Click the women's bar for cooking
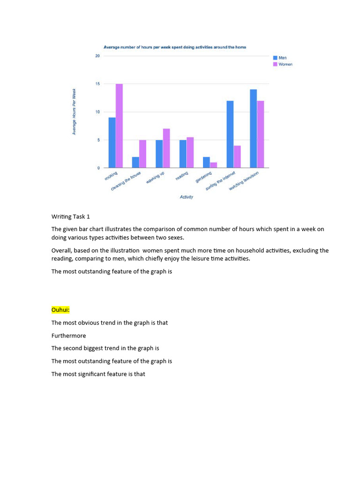click(119, 126)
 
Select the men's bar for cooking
click(112, 142)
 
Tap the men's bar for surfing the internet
click(230, 134)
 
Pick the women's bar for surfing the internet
click(237, 157)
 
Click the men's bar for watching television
click(253, 128)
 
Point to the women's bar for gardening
click(214, 165)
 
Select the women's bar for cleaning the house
click(143, 154)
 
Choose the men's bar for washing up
click(159, 154)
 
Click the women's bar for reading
click(190, 152)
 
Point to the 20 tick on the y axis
click(97, 56)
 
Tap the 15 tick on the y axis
click(97, 84)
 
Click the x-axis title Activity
click(187, 197)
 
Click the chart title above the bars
click(174, 47)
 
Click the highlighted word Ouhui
click(60, 310)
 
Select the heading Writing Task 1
click(70, 217)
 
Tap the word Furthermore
click(69, 336)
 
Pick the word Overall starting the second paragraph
click(61, 250)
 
